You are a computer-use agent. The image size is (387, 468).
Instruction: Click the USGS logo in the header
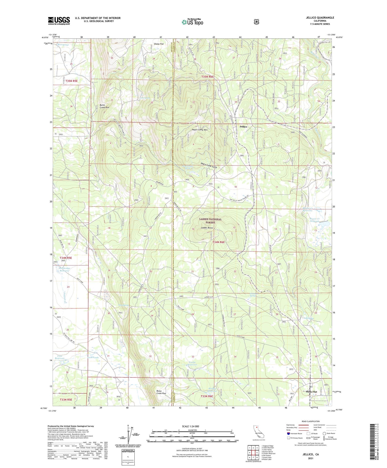click(59, 21)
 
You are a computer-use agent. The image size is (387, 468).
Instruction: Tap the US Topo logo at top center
click(192, 22)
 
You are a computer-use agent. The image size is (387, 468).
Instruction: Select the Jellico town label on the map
click(243, 127)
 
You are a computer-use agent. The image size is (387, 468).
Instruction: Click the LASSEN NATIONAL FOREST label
click(210, 221)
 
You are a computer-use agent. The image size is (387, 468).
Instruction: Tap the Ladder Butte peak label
click(207, 228)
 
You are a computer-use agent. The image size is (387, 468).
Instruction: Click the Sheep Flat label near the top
click(159, 44)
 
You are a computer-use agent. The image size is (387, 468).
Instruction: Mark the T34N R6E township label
click(219, 242)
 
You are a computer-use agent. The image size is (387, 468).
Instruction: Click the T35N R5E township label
click(71, 81)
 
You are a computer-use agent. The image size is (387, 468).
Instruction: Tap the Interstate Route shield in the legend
click(288, 433)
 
